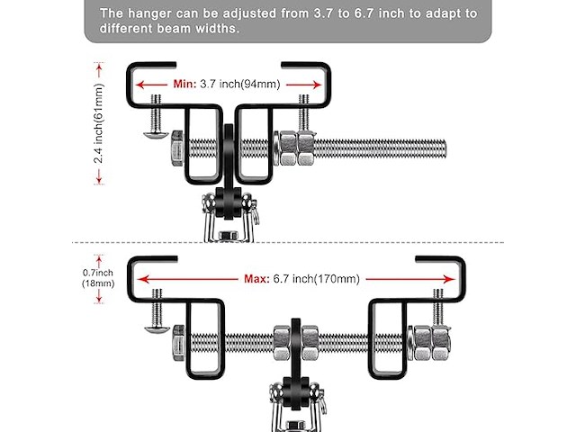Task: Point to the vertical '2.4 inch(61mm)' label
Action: (x=97, y=123)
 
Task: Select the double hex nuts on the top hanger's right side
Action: (x=291, y=148)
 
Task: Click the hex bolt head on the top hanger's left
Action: (x=175, y=148)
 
